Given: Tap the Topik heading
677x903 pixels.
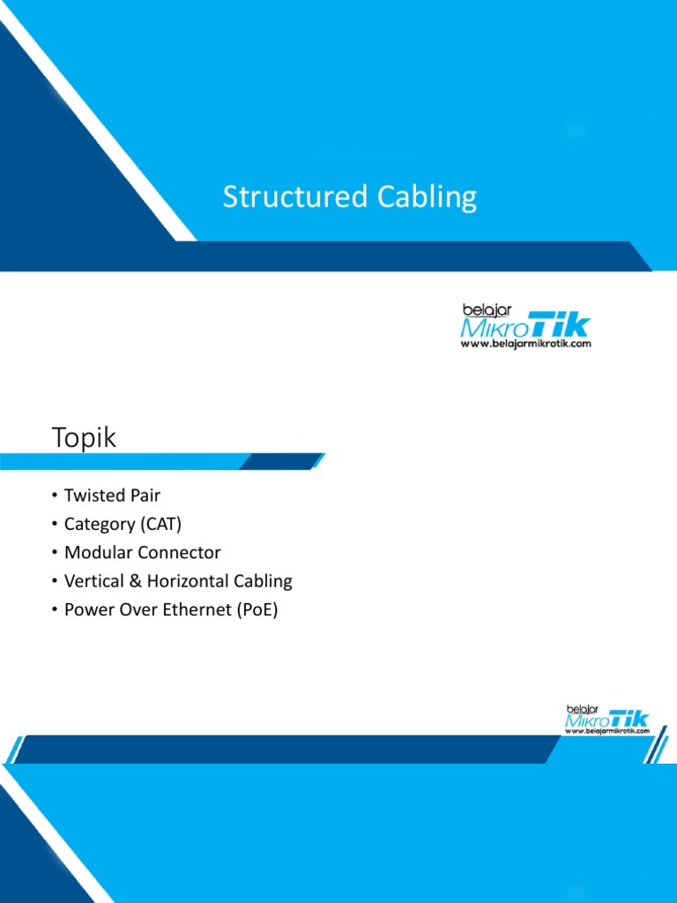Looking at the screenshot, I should click(84, 437).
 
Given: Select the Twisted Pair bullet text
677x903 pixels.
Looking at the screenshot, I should click(112, 496).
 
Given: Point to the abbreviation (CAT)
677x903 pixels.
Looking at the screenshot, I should click(160, 524).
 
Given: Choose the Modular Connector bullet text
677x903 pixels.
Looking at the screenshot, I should click(142, 553).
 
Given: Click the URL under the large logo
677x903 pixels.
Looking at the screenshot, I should click(526, 344).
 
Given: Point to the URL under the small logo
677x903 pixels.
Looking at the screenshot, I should click(607, 731).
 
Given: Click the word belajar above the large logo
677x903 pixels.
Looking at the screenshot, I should click(481, 310).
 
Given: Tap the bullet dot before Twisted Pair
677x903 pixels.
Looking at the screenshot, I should click(55, 496).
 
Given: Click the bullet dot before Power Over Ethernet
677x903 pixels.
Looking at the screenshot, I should click(55, 609).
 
